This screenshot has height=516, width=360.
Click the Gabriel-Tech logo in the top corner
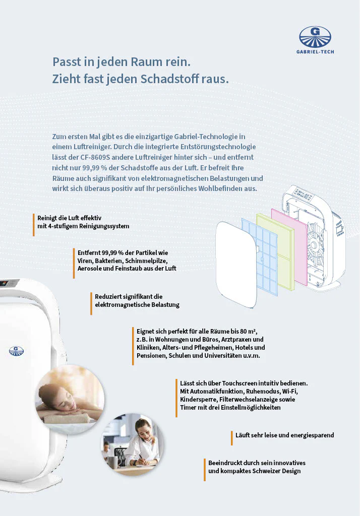pyautogui.click(x=315, y=40)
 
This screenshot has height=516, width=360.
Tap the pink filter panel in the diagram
pyautogui.click(x=289, y=246)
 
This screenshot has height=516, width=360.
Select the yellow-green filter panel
pyautogui.click(x=275, y=252)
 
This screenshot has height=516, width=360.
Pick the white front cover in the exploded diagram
pyautogui.click(x=236, y=265)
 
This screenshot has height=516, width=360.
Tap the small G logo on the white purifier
pyautogui.click(x=16, y=351)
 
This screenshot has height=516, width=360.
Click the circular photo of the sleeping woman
pyautogui.click(x=70, y=399)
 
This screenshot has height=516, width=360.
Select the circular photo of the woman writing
pyautogui.click(x=133, y=444)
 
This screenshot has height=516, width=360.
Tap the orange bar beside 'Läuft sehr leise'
pyautogui.click(x=232, y=438)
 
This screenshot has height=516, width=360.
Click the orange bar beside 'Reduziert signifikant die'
pyautogui.click(x=91, y=303)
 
